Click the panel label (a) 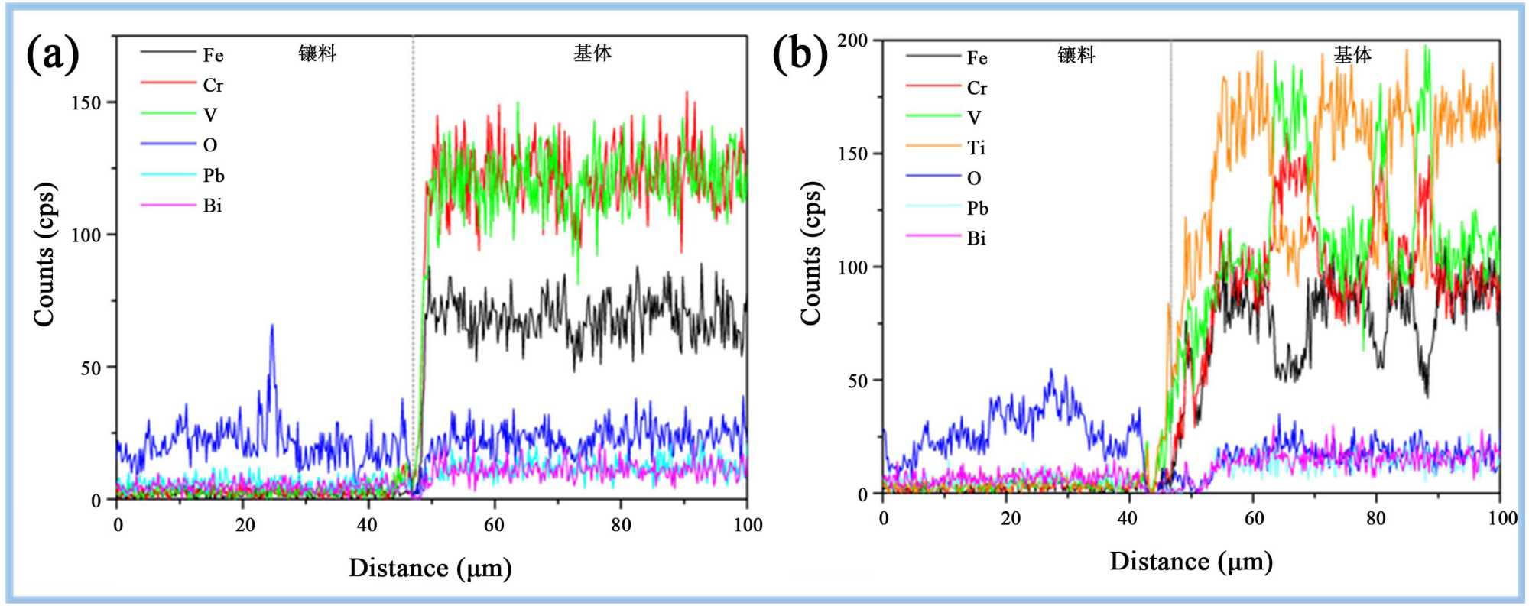53,55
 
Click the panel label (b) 800,55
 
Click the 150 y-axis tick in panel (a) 86,102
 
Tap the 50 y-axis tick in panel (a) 90,368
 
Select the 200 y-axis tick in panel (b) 852,40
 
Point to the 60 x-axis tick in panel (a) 494,524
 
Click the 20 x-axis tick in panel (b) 1010,518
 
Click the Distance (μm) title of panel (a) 430,568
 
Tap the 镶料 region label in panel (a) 317,53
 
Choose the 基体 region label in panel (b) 1352,54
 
